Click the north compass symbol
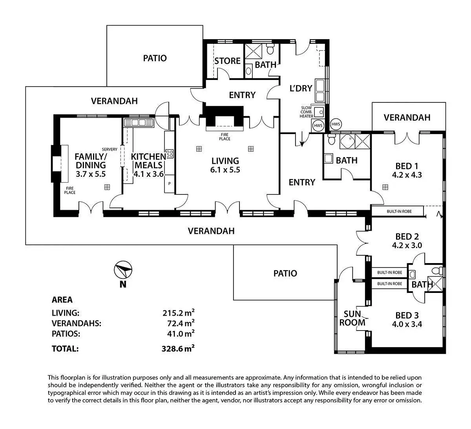point(123,271)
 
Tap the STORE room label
point(227,61)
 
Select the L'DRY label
point(301,88)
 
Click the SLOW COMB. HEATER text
point(307,112)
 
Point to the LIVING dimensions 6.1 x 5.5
point(225,170)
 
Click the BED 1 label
point(407,166)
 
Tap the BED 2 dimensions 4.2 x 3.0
point(407,245)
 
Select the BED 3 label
point(407,315)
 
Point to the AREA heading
point(62,300)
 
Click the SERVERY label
point(110,149)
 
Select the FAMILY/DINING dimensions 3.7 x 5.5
point(91,174)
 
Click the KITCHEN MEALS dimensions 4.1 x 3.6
point(148,174)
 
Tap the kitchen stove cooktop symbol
point(170,153)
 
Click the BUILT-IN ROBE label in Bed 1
point(398,212)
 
